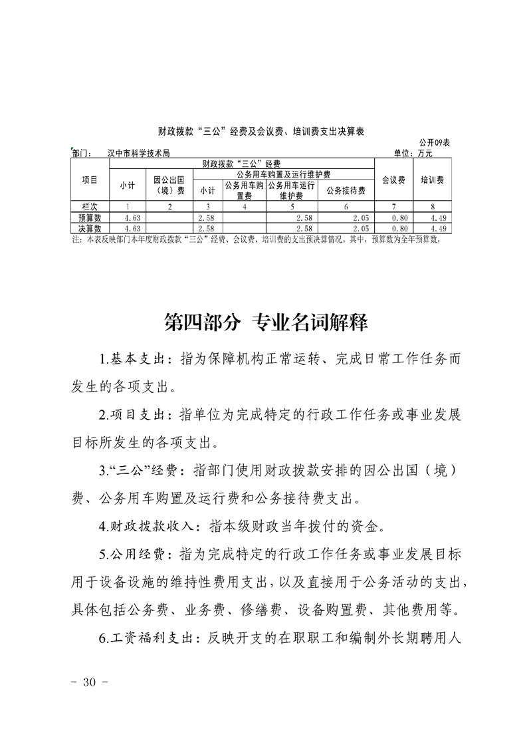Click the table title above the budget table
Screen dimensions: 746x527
[263, 131]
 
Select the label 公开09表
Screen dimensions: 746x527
[435, 143]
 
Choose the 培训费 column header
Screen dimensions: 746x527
[432, 179]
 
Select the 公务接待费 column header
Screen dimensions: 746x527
[346, 190]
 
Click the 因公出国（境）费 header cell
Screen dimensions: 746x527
[169, 185]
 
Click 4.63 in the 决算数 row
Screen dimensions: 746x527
[130, 228]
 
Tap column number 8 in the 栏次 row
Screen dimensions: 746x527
[432, 207]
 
